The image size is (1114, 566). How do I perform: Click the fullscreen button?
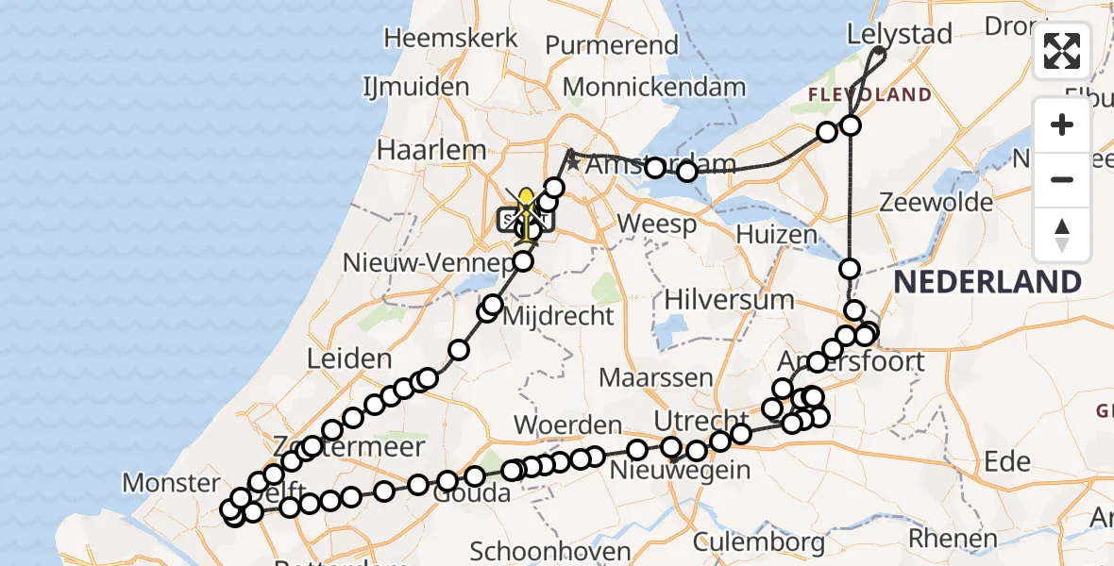point(1062,51)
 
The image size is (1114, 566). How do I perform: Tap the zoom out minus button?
point(1062,179)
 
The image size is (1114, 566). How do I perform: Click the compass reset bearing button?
point(1062,235)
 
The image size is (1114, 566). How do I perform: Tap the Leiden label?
point(349,358)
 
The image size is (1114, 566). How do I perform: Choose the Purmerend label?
point(612,44)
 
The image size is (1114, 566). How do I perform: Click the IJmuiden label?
point(415,87)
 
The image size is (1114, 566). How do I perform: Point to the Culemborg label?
point(758,542)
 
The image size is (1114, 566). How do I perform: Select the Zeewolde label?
point(936,202)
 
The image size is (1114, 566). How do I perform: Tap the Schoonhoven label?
point(550,551)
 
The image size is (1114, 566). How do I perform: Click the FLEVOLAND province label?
point(869,95)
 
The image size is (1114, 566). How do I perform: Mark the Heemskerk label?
point(451,39)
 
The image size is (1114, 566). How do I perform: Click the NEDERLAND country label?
point(987,281)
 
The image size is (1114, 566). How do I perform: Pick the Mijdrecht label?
point(559,316)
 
